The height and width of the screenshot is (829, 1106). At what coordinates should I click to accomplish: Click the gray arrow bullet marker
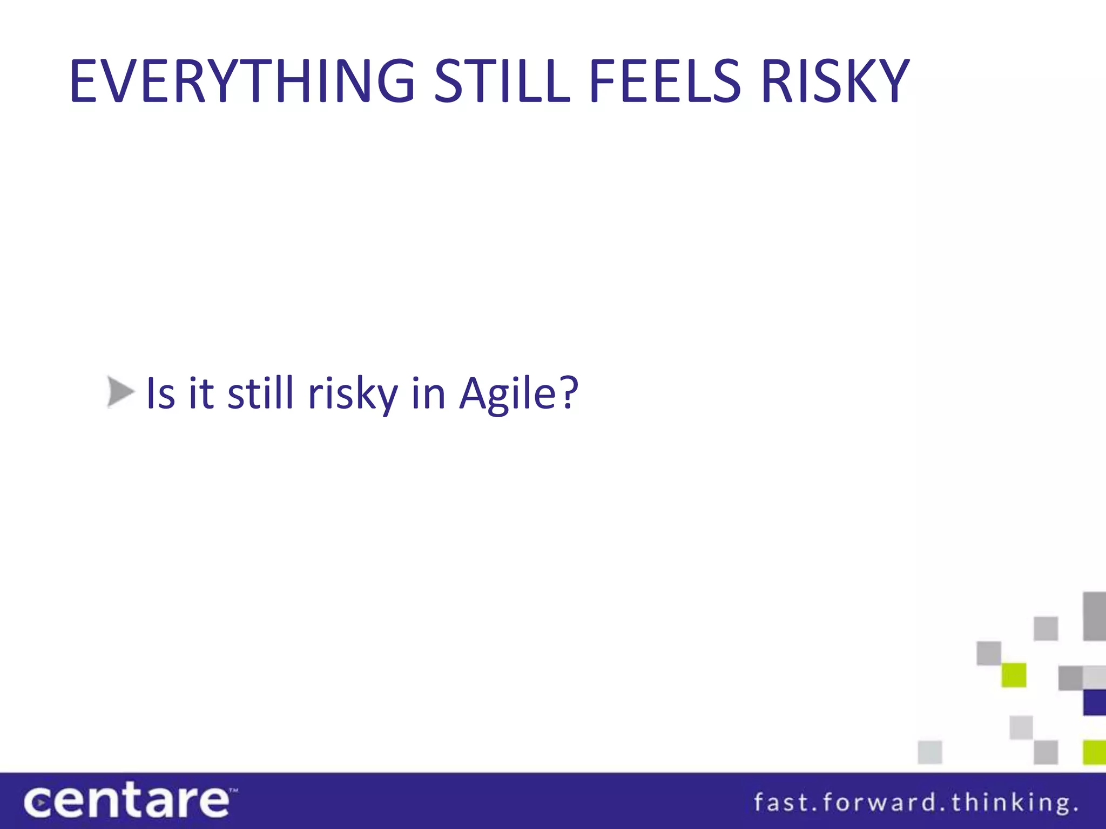coord(120,392)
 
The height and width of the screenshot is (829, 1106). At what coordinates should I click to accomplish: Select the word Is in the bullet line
coord(161,393)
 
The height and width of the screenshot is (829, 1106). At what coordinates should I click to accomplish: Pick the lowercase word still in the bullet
coord(260,393)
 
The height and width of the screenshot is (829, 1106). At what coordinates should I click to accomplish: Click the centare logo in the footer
coord(127,801)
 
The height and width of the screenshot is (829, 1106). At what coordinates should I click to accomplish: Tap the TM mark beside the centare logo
coord(233,790)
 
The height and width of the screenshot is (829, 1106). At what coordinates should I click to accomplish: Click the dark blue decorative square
coord(1095,702)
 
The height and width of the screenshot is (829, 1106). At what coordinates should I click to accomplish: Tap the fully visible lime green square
coord(1014,675)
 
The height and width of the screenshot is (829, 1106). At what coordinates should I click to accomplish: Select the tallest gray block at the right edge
coord(1095,616)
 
